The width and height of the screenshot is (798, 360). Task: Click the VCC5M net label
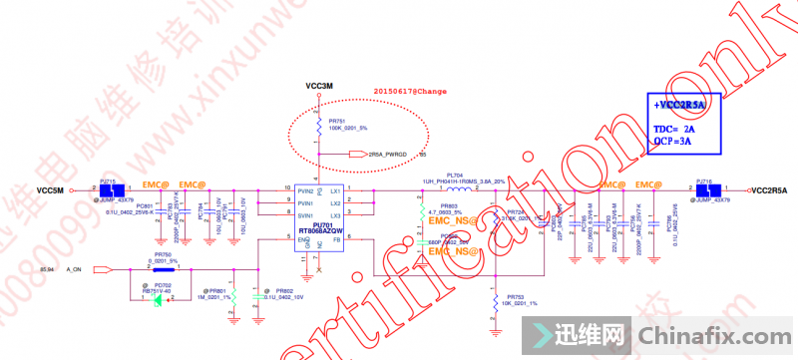[x=50, y=190]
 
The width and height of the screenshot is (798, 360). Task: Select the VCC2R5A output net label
[x=769, y=190]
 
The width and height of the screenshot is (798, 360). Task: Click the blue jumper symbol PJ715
[x=111, y=189]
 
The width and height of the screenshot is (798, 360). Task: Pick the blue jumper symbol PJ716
[x=704, y=189]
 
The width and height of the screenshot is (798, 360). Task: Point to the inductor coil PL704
[x=459, y=189]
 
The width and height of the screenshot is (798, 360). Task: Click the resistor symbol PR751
[x=318, y=128]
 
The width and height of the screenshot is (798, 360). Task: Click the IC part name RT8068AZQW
[x=322, y=232]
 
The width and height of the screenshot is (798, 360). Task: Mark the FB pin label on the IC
[x=336, y=240]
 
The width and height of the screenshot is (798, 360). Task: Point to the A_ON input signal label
[x=75, y=269]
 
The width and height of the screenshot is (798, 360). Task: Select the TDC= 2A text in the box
[x=673, y=130]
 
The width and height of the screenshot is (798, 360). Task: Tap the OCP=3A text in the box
[x=673, y=143]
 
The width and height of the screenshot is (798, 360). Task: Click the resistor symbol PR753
[x=495, y=298]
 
